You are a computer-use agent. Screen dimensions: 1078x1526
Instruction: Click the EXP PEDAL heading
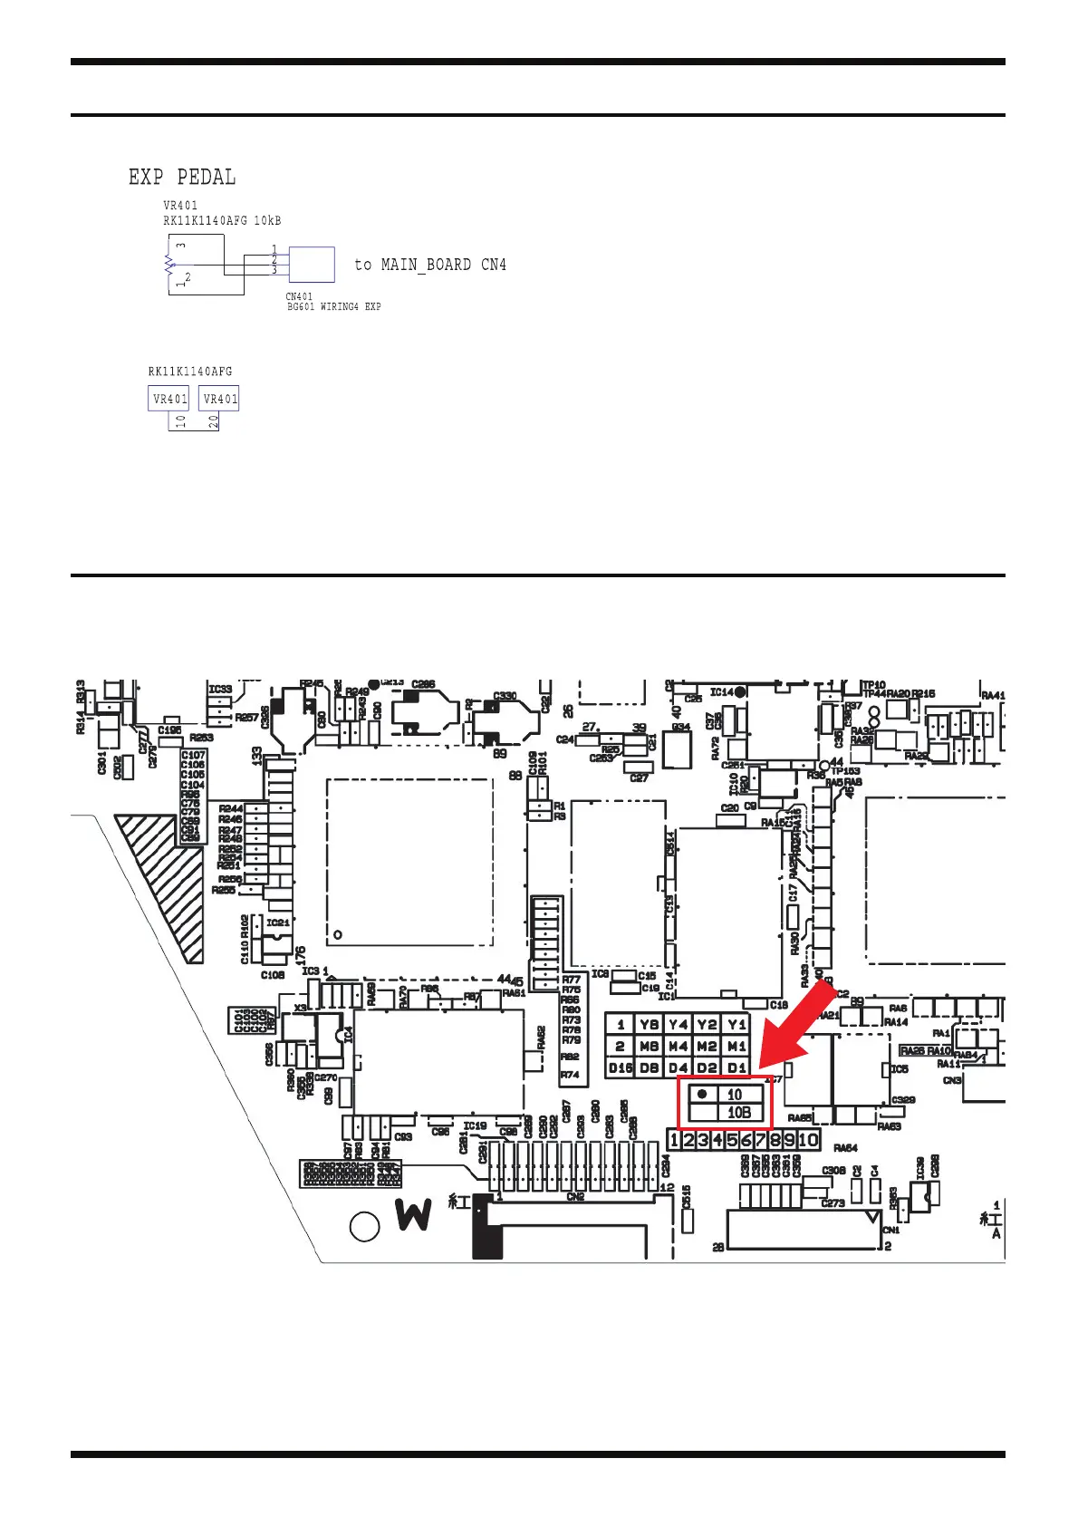182,177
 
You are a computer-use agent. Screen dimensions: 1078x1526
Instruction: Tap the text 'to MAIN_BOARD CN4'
430,265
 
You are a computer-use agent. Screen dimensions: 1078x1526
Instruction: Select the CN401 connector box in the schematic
312,265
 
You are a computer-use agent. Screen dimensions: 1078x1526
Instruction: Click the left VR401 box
169,399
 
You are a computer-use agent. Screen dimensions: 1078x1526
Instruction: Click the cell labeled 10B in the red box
739,1113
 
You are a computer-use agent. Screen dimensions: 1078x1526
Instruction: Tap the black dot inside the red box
702,1094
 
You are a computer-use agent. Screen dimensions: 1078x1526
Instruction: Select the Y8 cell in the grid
649,1024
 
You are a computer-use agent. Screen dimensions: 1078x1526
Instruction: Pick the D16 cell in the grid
621,1067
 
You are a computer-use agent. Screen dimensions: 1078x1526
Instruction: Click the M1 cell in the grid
737,1046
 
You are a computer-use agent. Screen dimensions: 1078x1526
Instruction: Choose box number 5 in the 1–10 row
732,1140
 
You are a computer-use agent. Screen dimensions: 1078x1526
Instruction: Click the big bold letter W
413,1214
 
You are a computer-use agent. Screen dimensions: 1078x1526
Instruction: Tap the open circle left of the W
364,1227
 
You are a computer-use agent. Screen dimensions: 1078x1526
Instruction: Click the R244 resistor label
230,808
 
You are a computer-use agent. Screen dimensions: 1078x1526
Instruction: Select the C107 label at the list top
193,755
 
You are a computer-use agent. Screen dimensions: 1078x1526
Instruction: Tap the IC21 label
278,922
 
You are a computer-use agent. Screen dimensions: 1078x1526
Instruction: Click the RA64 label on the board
845,1148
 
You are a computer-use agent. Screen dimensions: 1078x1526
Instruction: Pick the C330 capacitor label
505,696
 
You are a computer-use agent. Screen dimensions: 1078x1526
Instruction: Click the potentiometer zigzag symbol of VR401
168,264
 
